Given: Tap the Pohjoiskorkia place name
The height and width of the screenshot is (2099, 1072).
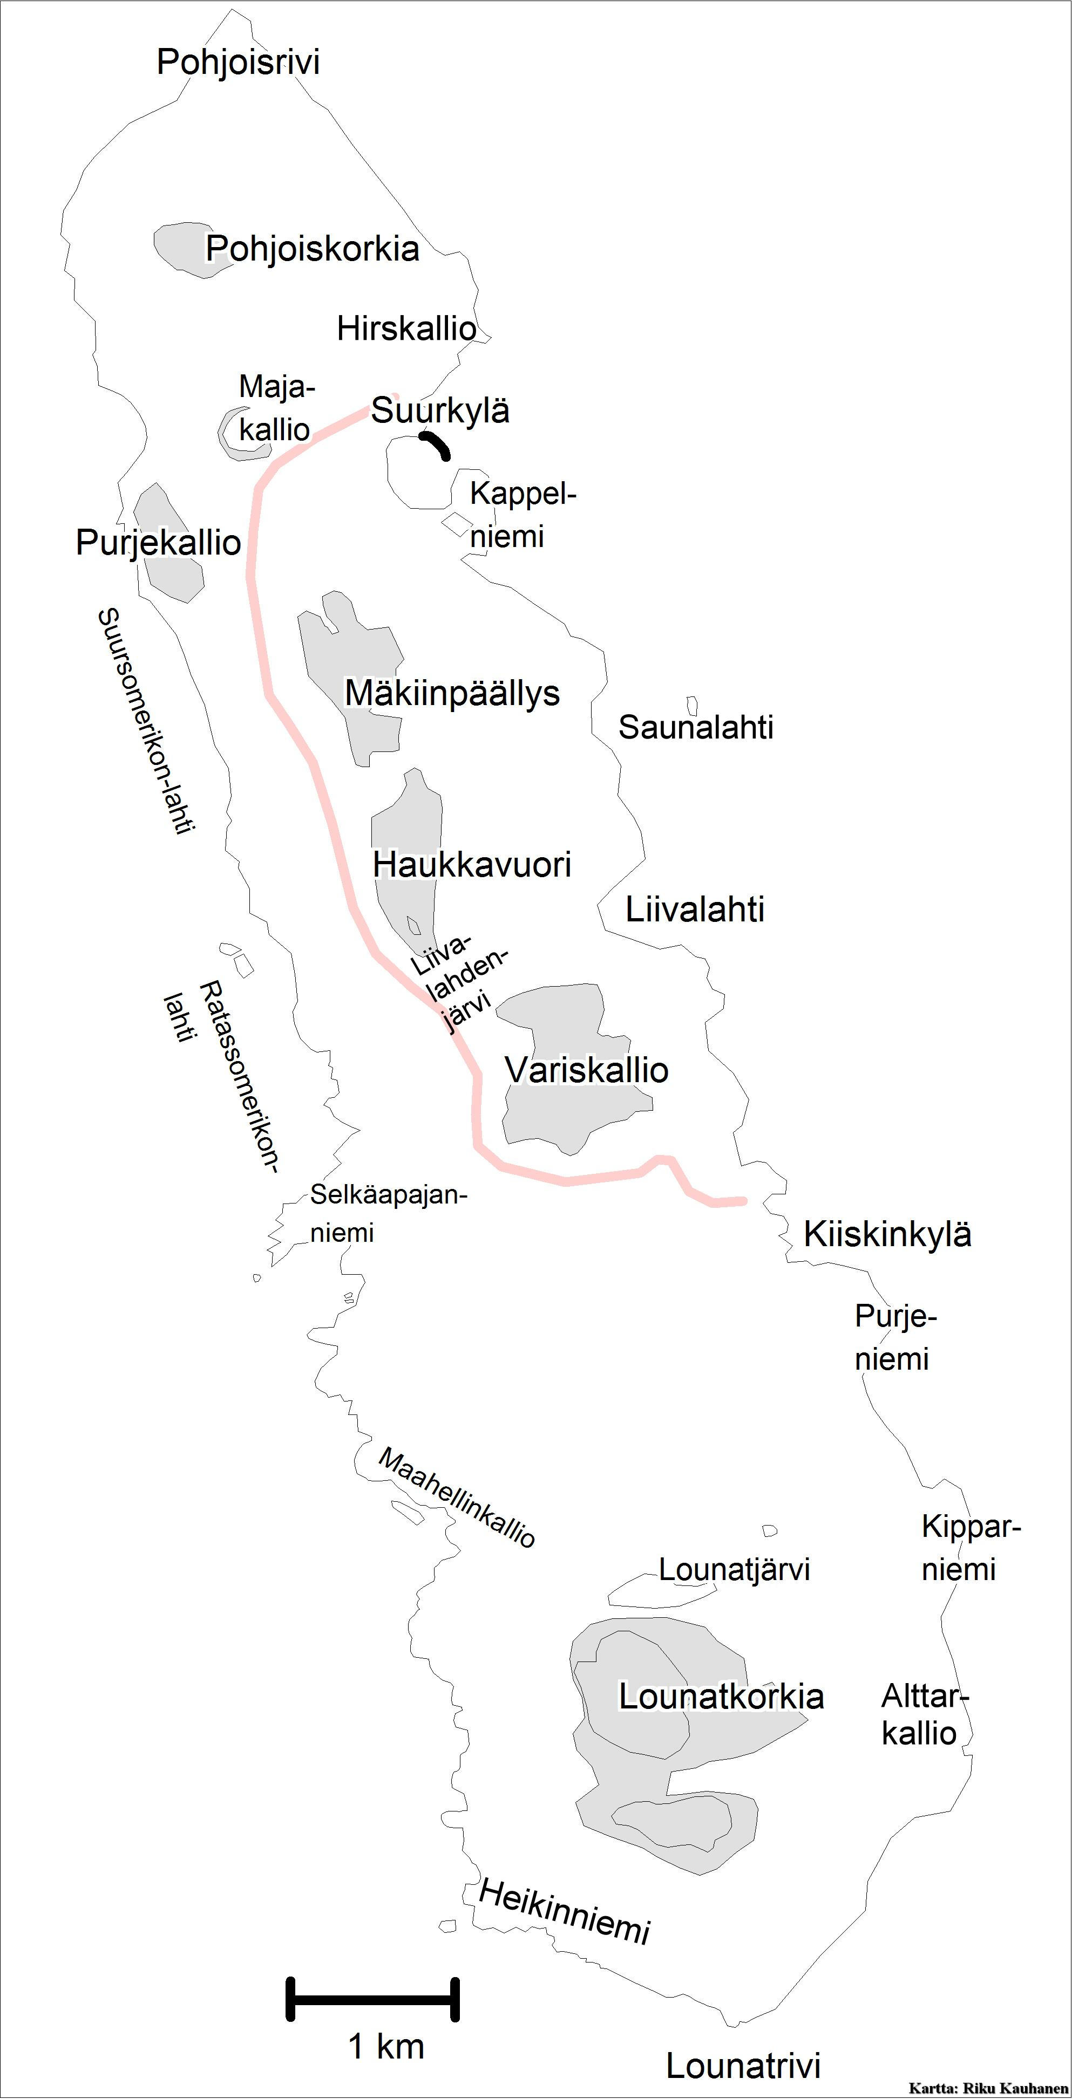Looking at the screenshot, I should pyautogui.click(x=312, y=249).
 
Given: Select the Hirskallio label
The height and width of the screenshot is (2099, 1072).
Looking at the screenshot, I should pyautogui.click(x=406, y=329).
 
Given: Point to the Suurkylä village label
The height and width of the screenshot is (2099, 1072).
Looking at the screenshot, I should pyautogui.click(x=440, y=410).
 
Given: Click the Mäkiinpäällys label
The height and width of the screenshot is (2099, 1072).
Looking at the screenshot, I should pyautogui.click(x=452, y=693).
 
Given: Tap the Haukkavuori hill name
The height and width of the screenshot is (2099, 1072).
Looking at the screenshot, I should pyautogui.click(x=472, y=865).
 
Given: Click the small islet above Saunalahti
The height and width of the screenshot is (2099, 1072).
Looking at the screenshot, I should pyautogui.click(x=692, y=706).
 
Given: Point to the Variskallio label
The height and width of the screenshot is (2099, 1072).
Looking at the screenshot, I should pyautogui.click(x=586, y=1070).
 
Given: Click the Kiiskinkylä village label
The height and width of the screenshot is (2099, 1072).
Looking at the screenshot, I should pyautogui.click(x=887, y=1234).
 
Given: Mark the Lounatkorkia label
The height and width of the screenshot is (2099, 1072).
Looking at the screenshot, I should pyautogui.click(x=721, y=1697).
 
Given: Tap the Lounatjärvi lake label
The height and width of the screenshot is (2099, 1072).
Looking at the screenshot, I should pyautogui.click(x=734, y=1569).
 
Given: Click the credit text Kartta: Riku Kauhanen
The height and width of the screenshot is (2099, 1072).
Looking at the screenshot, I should pyautogui.click(x=987, y=2088).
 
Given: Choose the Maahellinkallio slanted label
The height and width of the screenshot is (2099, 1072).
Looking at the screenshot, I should pyautogui.click(x=457, y=1498).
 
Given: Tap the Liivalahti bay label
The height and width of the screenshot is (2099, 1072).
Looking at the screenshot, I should pyautogui.click(x=695, y=910).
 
